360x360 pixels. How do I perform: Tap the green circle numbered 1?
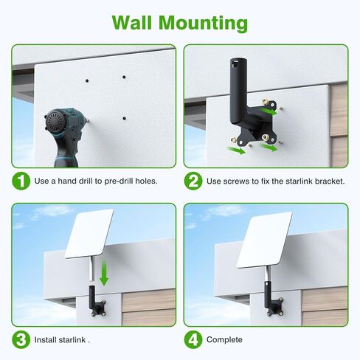click(x=21, y=181)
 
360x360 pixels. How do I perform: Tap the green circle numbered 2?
click(x=193, y=181)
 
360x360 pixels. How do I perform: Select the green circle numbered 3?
click(x=21, y=339)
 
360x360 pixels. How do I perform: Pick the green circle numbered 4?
click(x=193, y=339)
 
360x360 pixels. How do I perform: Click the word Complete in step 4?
click(x=224, y=339)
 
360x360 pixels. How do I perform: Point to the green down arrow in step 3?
click(x=105, y=274)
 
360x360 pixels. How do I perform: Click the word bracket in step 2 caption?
click(x=327, y=181)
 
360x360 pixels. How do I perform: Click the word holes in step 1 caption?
click(x=144, y=181)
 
